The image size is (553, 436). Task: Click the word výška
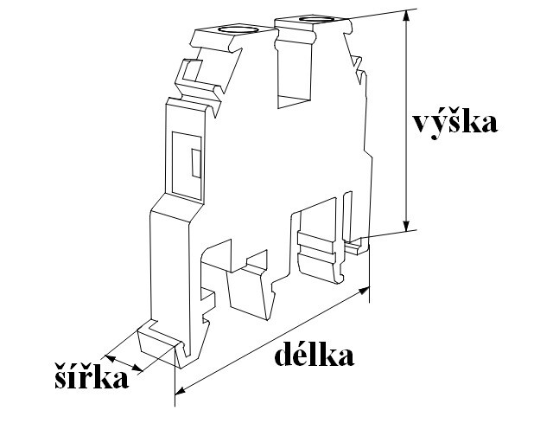[x=455, y=123]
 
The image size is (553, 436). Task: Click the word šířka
[x=92, y=375]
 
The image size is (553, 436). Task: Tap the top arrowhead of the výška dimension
[x=407, y=15]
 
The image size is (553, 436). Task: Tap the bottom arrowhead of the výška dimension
[x=407, y=226]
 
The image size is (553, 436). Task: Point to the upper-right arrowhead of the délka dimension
[x=365, y=291]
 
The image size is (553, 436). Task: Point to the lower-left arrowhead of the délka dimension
[x=180, y=391]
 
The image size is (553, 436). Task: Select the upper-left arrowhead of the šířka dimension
[x=110, y=358]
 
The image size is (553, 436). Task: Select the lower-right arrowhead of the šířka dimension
[x=138, y=369]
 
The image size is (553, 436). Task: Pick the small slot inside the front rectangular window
[x=196, y=163]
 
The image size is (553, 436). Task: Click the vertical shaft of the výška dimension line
[x=407, y=120]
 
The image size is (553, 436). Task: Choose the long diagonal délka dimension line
[x=272, y=341]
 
